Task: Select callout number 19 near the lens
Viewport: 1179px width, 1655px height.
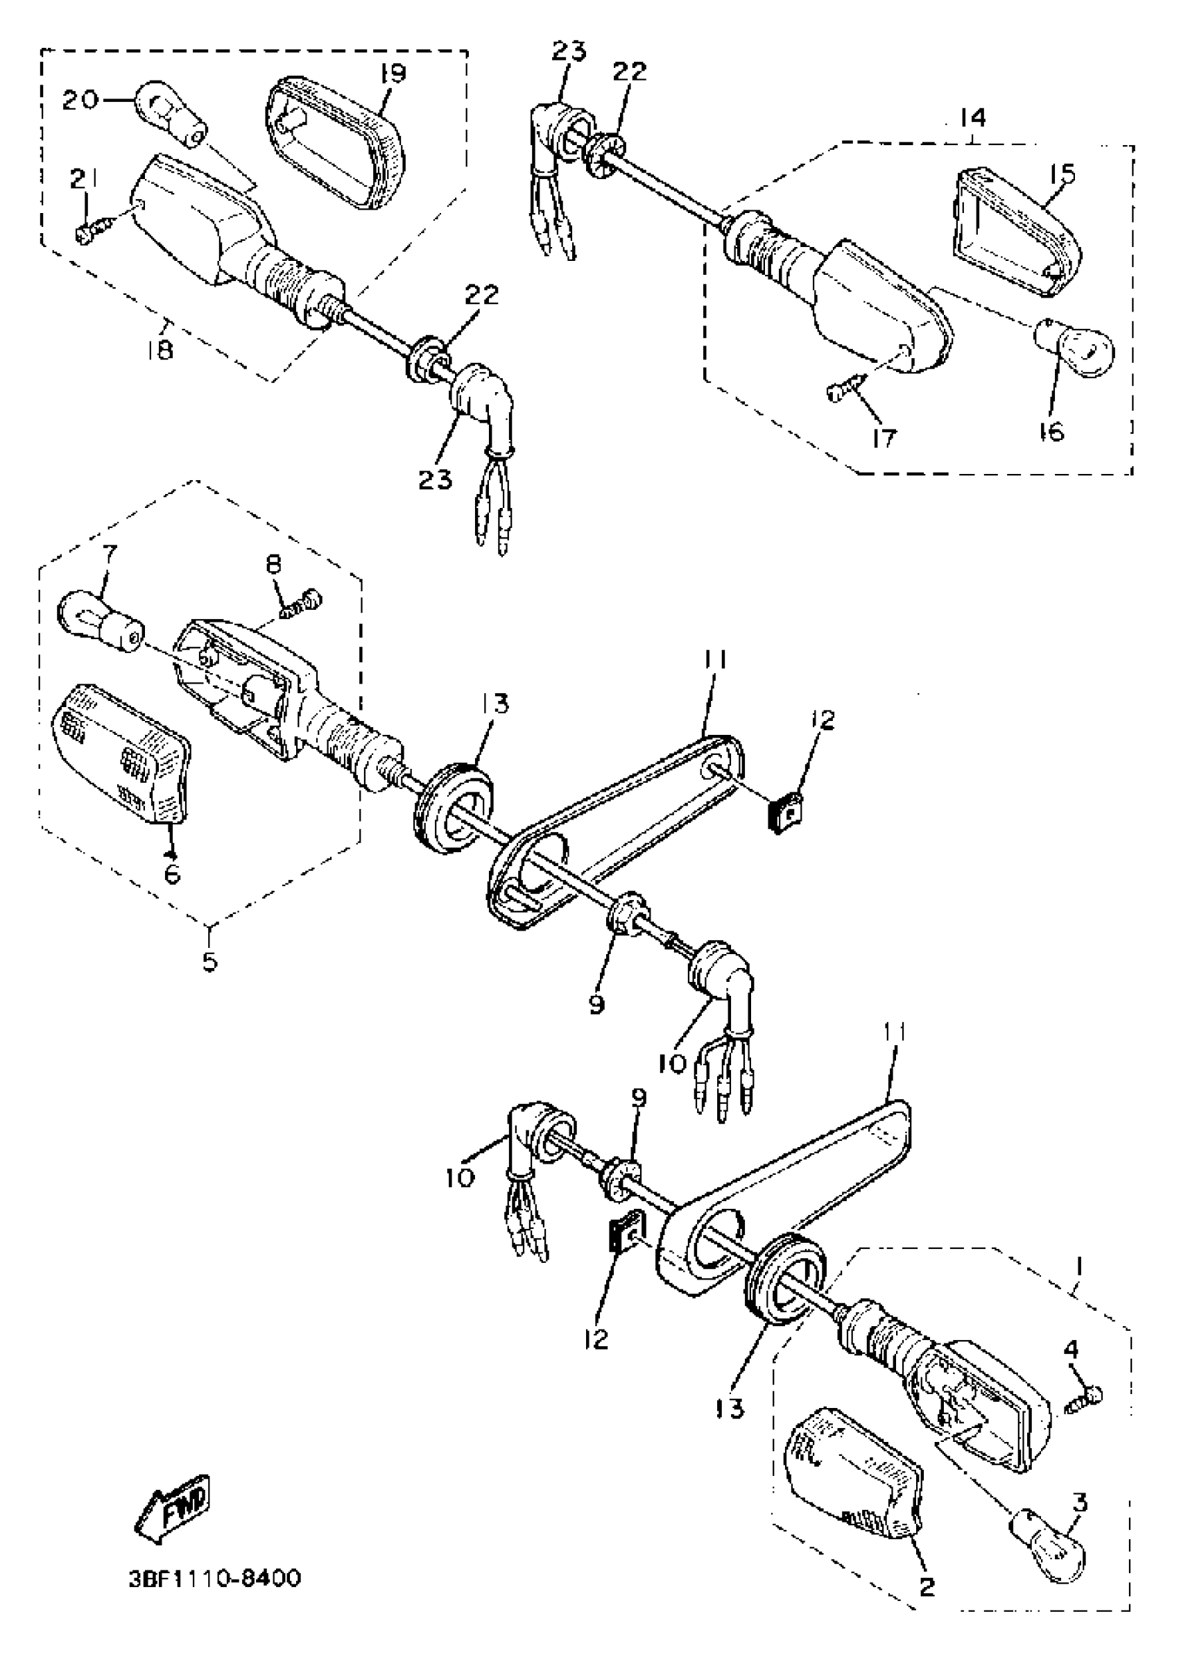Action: (x=391, y=74)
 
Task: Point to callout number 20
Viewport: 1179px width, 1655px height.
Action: (x=79, y=99)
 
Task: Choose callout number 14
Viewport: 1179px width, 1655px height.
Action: (x=972, y=117)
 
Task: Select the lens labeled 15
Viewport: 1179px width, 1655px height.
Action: (x=1017, y=231)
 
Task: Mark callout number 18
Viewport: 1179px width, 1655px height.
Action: (x=160, y=350)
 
